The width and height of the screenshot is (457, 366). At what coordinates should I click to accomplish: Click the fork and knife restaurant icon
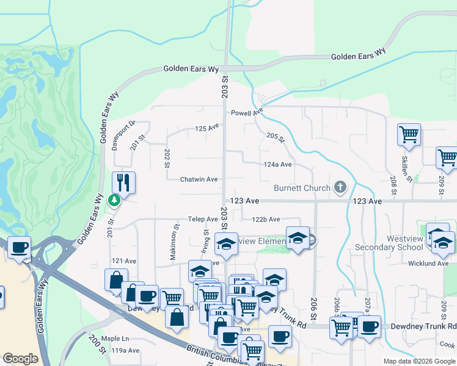pyautogui.click(x=123, y=182)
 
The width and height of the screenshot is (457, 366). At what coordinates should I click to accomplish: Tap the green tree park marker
pyautogui.click(x=114, y=199)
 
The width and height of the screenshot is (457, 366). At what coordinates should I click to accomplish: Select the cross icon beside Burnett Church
pyautogui.click(x=341, y=188)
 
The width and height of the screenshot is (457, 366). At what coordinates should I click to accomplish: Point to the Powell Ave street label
pyautogui.click(x=246, y=113)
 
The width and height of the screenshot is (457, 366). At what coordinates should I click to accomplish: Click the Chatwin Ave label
pyautogui.click(x=199, y=179)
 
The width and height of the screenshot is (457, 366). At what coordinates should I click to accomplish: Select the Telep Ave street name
pyautogui.click(x=203, y=219)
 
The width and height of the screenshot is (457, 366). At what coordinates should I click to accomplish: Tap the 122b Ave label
pyautogui.click(x=266, y=219)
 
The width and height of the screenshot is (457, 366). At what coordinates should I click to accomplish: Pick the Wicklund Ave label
pyautogui.click(x=430, y=264)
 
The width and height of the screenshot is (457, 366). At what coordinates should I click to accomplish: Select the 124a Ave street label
pyautogui.click(x=277, y=164)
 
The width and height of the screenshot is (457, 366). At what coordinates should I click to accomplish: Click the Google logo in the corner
pyautogui.click(x=20, y=358)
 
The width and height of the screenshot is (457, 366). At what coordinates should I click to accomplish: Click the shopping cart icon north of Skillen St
pyautogui.click(x=408, y=134)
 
